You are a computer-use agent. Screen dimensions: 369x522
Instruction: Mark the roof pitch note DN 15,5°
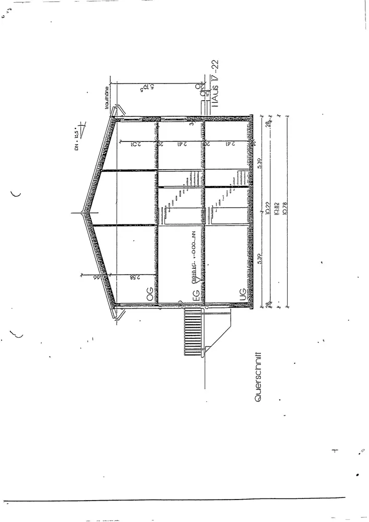[77, 133]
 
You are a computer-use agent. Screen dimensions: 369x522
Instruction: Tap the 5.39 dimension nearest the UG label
[261, 258]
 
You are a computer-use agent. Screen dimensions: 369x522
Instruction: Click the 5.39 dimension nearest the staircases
[261, 164]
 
